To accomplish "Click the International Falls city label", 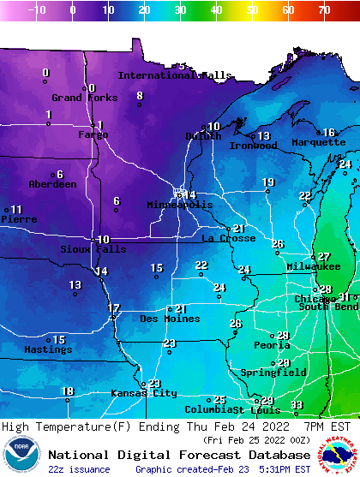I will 174,75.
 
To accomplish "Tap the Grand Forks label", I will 79,98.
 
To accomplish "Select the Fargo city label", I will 93,135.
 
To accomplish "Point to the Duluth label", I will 203,136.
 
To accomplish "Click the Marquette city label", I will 318,143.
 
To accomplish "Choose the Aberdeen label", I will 52,184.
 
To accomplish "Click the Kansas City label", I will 143,394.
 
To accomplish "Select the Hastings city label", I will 48,350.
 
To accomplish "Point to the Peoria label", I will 272,346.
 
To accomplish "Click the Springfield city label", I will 273,373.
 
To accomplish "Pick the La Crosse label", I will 228,238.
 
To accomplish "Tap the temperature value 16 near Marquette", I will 328,133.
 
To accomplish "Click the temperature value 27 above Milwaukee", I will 323,257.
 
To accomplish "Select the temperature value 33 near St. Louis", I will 296,405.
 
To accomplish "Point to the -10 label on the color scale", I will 37,10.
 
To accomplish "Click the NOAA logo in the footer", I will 21,455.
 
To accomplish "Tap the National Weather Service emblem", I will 338,455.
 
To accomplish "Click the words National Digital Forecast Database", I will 178,455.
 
